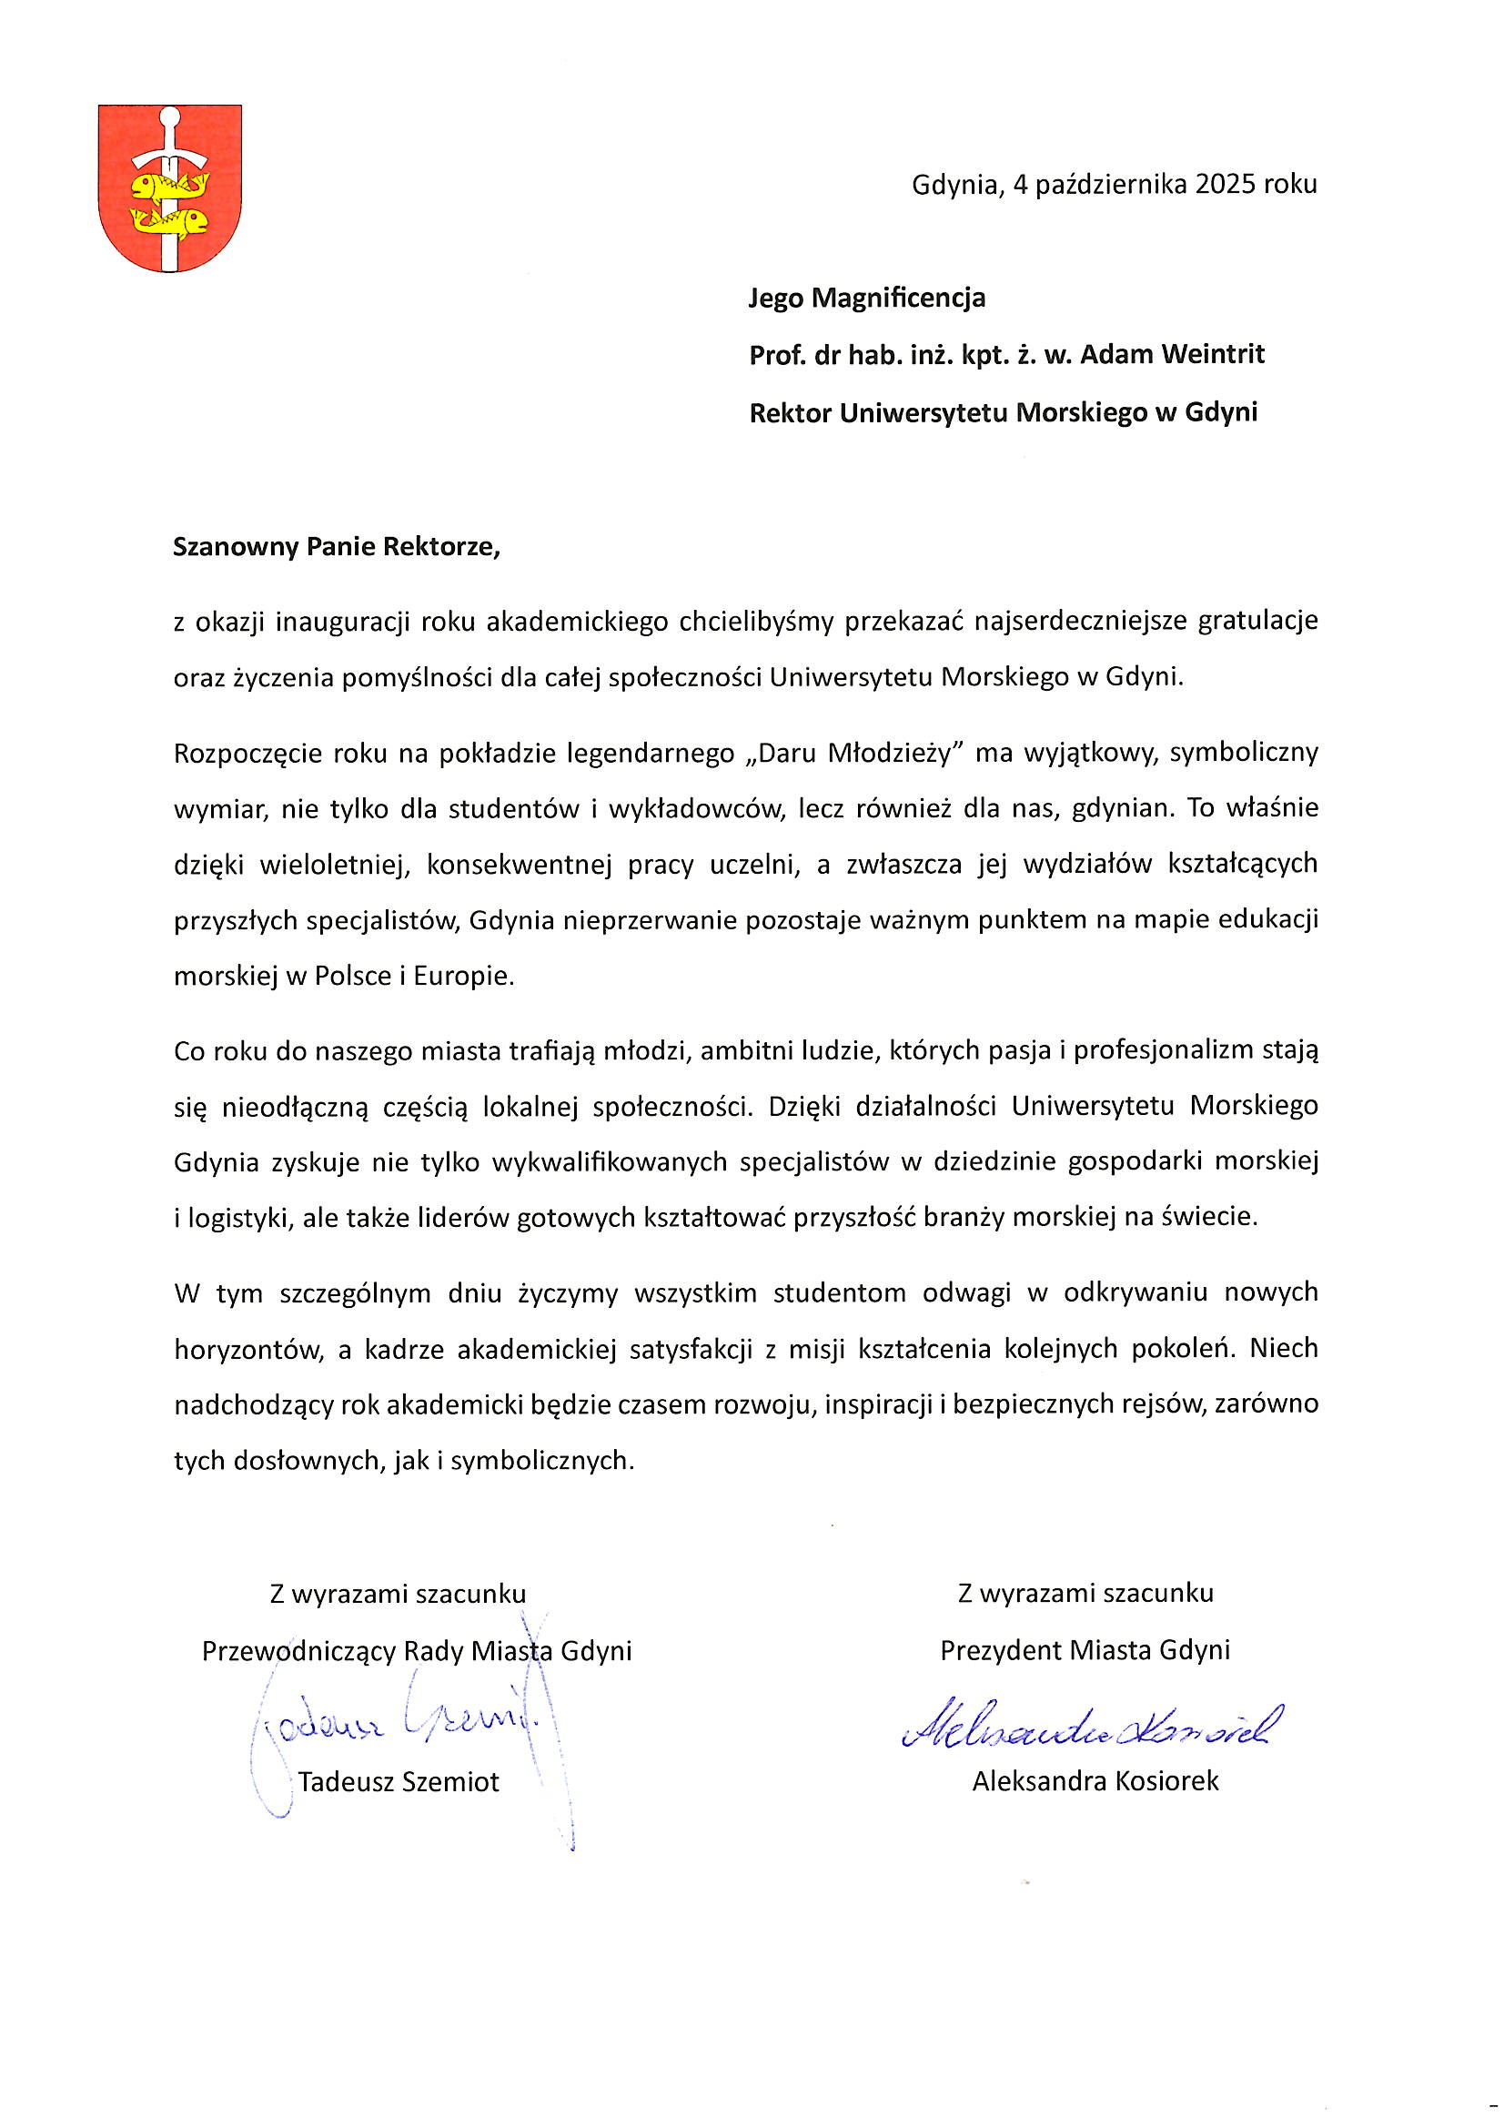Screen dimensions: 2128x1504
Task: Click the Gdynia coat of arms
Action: [x=169, y=188]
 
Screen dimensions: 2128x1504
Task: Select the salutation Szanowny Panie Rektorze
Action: [x=337, y=547]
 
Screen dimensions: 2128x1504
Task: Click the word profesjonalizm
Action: [x=1170, y=1051]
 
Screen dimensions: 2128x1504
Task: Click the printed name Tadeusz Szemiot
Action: [x=399, y=1781]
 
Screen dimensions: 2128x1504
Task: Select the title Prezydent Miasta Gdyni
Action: [x=1085, y=1650]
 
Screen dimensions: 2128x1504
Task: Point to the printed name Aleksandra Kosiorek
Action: [x=1095, y=1780]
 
